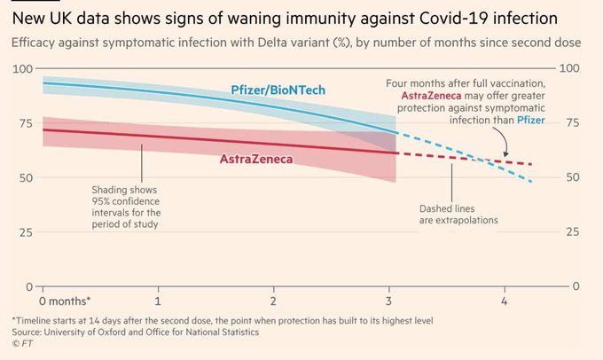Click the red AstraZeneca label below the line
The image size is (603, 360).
pyautogui.click(x=256, y=160)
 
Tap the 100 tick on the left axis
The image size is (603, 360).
pyautogui.click(x=21, y=69)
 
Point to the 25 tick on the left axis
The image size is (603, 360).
pyautogui.click(x=24, y=232)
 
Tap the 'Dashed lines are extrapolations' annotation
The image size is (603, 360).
pyautogui.click(x=458, y=214)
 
